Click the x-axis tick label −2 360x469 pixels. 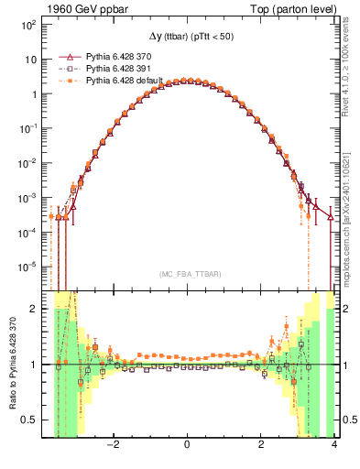coord(114,446)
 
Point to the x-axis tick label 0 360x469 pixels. coord(188,446)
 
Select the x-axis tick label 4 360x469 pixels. coord(334,446)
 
